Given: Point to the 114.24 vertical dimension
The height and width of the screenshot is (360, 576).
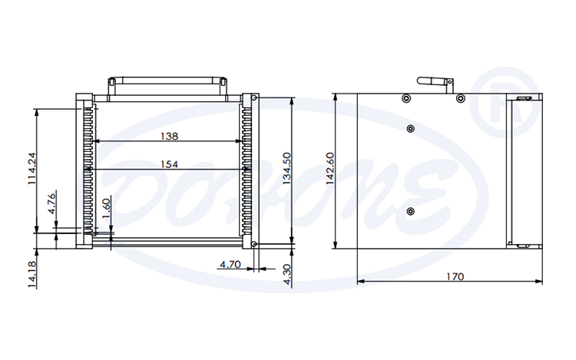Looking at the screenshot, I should (x=31, y=170).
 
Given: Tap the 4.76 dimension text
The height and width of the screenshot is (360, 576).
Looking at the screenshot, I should (x=51, y=201).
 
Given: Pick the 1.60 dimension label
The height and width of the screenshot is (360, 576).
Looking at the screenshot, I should (x=107, y=208).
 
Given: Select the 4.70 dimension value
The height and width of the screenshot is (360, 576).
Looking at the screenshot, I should (x=230, y=265).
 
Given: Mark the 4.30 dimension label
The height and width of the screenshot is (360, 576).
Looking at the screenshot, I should (x=288, y=274).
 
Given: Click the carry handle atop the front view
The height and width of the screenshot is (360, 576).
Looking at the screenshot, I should (x=167, y=81).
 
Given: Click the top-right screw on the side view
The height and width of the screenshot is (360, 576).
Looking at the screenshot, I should (x=461, y=98).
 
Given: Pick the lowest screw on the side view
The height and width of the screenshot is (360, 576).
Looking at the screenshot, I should (x=410, y=211).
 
